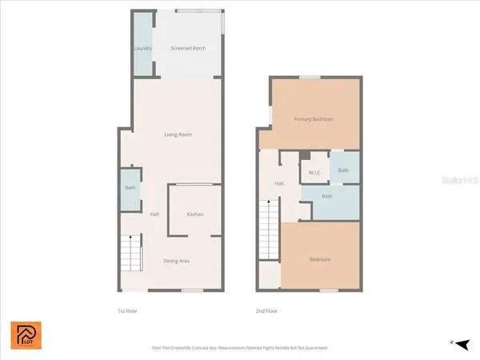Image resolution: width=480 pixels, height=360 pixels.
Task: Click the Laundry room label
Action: (x=142, y=48)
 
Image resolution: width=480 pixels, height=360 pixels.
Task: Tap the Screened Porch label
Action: (x=189, y=48)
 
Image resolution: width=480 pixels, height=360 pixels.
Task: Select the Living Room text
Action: (x=178, y=134)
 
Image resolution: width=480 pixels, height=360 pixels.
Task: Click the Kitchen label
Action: (x=195, y=214)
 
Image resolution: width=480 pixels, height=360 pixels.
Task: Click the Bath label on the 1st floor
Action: (x=130, y=188)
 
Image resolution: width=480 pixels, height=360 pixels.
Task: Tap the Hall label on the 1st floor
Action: (x=154, y=214)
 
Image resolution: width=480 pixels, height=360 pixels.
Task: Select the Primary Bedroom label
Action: (x=314, y=119)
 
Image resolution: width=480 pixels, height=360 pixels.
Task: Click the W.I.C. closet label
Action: (x=314, y=171)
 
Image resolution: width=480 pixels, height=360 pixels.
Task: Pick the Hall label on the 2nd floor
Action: (x=280, y=184)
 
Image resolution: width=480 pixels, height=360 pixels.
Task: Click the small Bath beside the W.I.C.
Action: (x=343, y=170)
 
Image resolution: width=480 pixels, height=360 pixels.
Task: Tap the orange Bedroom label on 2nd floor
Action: (x=320, y=260)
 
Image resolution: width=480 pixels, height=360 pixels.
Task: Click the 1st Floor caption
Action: (x=128, y=310)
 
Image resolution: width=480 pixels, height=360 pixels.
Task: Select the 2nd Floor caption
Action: (x=266, y=310)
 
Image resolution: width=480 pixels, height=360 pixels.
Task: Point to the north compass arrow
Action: (x=458, y=342)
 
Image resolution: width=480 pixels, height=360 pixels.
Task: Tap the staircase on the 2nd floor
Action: (x=268, y=231)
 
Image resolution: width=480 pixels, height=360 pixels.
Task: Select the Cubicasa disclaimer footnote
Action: (x=240, y=348)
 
